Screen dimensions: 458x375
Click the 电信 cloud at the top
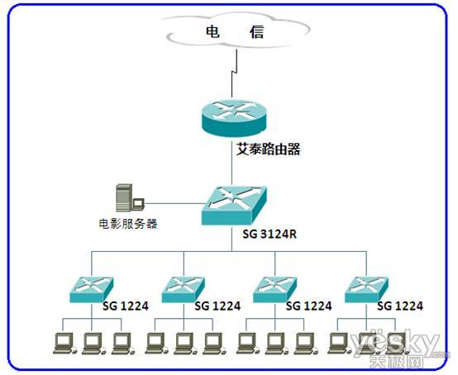pyautogui.click(x=236, y=31)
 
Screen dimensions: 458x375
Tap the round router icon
pyautogui.click(x=234, y=118)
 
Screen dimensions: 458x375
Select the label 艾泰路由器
pyautogui.click(x=268, y=149)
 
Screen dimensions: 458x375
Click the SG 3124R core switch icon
pyautogui.click(x=234, y=206)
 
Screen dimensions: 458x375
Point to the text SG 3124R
pyautogui.click(x=270, y=234)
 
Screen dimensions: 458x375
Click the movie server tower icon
pyautogui.click(x=130, y=197)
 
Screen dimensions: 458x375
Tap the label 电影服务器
pyautogui.click(x=128, y=224)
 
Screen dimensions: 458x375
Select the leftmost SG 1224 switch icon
pyautogui.click(x=92, y=289)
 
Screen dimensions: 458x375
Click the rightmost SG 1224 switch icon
pyautogui.click(x=366, y=289)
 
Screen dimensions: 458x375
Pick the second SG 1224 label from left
pyautogui.click(x=217, y=306)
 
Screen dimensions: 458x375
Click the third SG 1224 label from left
pyautogui.click(x=308, y=306)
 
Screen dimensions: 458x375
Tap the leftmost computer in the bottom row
pyautogui.click(x=64, y=344)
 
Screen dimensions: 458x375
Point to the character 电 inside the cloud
pyautogui.click(x=212, y=31)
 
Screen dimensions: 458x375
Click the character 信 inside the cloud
pyautogui.click(x=257, y=31)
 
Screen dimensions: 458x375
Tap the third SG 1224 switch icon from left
pyautogui.click(x=274, y=289)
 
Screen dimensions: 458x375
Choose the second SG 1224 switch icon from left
pyautogui.click(x=184, y=289)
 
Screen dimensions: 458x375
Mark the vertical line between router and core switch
pyautogui.click(x=232, y=162)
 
